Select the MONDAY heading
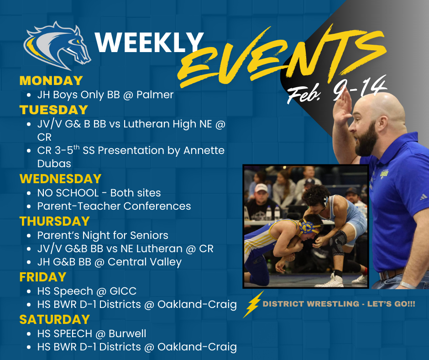[51, 81]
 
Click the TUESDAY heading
[53, 110]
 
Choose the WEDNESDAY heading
[60, 178]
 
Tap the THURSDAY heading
[54, 221]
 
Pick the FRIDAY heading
[43, 277]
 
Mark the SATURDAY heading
[54, 319]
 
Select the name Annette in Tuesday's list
[204, 150]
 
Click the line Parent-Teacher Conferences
[114, 206]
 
